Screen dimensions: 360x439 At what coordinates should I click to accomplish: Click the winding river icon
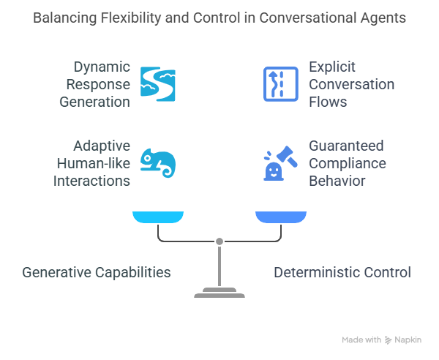point(158,83)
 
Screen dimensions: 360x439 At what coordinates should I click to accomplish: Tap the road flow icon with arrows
point(280,83)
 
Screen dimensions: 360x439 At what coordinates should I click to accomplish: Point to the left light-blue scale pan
point(158,216)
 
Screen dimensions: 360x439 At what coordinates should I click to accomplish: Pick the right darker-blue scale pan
point(281,216)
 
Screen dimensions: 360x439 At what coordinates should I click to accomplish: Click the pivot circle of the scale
point(219,241)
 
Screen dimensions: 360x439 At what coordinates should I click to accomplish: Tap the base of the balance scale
point(219,293)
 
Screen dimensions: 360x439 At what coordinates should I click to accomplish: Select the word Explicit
point(333,67)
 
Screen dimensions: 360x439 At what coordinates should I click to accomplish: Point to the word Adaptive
point(102,146)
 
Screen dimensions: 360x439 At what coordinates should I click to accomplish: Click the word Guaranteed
point(346,146)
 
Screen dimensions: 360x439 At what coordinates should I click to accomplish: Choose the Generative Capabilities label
point(97,272)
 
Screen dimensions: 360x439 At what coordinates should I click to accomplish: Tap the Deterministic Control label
point(342,272)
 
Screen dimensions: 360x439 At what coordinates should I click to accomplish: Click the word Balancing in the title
point(64,18)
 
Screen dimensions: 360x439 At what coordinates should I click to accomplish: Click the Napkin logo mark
point(388,340)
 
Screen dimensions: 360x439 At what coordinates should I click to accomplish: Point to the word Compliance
point(348,163)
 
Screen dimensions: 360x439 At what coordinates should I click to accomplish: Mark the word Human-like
point(91,163)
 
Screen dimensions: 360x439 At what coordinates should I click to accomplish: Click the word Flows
point(328,102)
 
